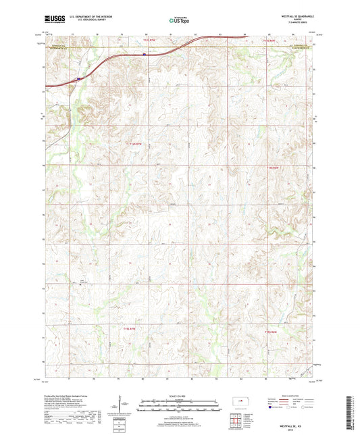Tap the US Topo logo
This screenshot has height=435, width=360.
click(179, 22)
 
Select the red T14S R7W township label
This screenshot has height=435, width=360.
click(136, 143)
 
